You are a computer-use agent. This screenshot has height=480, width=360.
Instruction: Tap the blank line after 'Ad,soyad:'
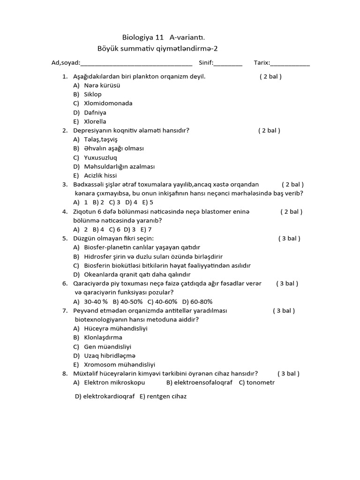coord(136,63)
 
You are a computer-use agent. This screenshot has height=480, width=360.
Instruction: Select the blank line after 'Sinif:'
coord(228,63)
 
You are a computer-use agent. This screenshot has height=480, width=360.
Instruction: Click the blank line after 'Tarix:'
coord(290,63)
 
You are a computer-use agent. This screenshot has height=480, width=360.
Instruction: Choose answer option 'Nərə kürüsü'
coord(102,85)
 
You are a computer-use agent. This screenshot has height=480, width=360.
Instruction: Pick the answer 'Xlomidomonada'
coord(108,103)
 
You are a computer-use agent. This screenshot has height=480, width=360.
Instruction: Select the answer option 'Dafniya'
coord(95,112)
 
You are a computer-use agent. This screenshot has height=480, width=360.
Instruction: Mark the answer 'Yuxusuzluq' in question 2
coord(100,157)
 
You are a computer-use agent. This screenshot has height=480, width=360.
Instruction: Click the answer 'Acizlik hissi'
coord(100,175)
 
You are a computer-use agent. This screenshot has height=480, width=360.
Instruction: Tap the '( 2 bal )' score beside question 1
coord(270,76)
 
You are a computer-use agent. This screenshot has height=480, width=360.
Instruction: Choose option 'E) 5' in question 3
coord(148,202)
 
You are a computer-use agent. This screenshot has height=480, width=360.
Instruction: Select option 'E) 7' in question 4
coord(146,230)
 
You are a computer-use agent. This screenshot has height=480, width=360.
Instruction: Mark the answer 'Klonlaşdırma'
coord(103,337)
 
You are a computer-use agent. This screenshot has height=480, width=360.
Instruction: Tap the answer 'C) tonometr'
coord(256,382)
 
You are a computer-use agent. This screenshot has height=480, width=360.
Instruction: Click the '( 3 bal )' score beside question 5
coord(289,239)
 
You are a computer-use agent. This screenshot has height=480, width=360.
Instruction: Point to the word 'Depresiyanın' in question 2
coord(92,130)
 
